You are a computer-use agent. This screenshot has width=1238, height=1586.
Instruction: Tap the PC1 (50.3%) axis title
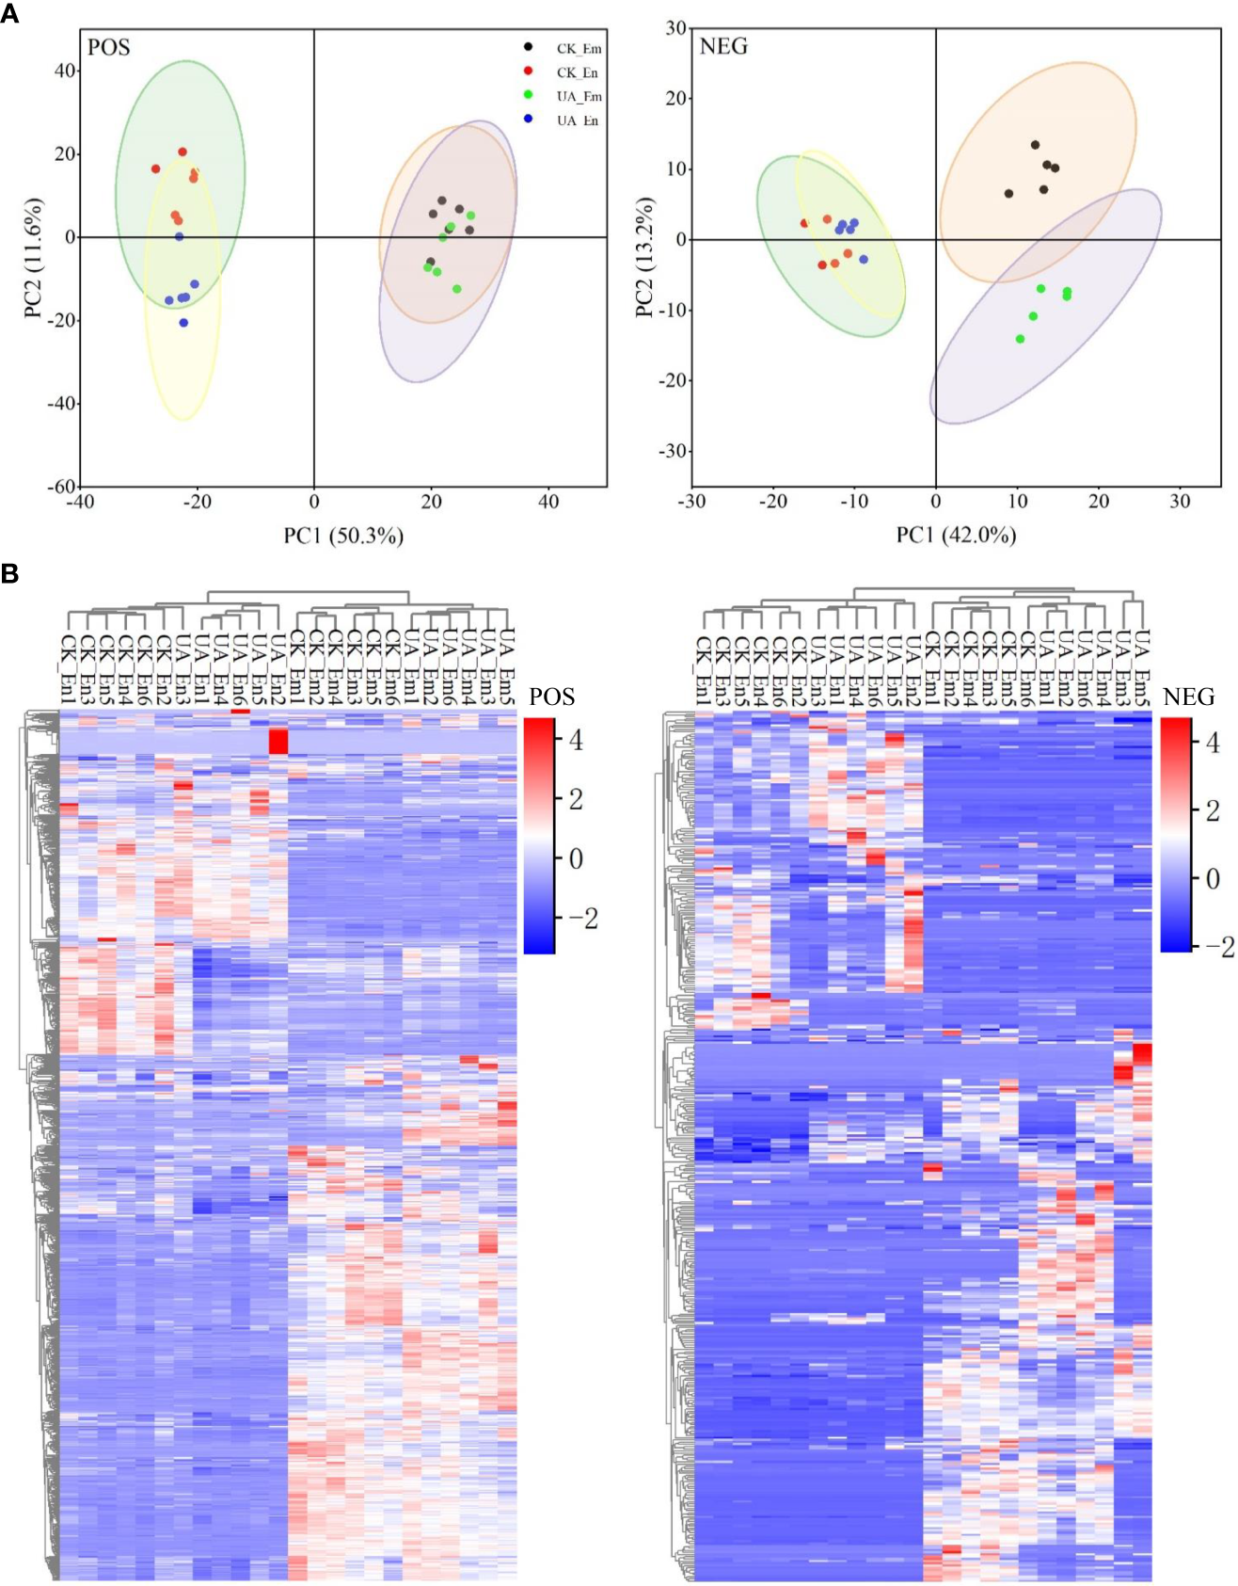pos(343,536)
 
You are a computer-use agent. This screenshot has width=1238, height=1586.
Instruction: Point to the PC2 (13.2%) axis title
pos(644,257)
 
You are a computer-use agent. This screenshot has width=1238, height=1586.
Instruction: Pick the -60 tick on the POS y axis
pos(62,486)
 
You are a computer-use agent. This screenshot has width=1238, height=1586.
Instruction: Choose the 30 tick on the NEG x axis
pos(1180,502)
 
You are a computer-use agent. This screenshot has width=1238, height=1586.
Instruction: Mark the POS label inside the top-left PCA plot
pos(109,47)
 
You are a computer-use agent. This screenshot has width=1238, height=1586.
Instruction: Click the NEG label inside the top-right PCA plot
pos(723,46)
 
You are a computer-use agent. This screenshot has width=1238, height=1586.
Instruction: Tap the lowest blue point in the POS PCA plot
pos(183,323)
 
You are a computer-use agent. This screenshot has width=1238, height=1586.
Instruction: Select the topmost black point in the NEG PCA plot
pos(1035,145)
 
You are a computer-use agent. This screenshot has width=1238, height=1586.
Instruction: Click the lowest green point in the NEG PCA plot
pos(1020,339)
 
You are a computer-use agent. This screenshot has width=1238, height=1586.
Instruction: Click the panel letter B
pos(9,573)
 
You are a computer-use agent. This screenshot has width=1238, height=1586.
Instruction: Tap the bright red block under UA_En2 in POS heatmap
pos(278,741)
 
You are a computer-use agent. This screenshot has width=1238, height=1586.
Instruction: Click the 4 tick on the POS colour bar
pos(576,741)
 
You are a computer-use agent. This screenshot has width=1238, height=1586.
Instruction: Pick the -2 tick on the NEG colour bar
pos(1219,947)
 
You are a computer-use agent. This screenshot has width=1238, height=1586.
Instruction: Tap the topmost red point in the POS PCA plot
pos(183,152)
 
